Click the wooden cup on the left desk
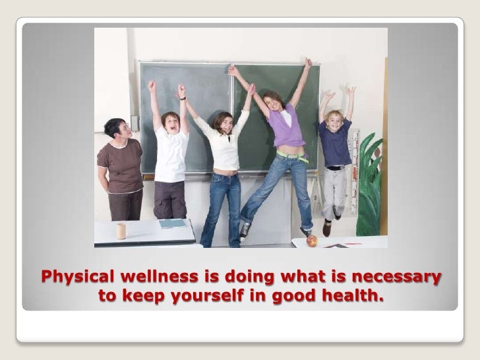[x=121, y=231]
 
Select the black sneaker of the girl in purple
[x=245, y=230]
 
